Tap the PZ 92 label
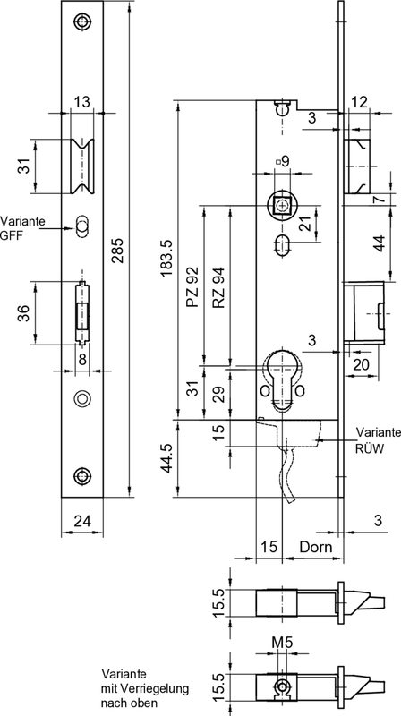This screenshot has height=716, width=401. pos(192,286)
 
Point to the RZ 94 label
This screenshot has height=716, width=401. pos(218,287)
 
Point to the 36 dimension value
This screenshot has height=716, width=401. pos(23,312)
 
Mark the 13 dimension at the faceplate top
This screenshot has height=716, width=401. pos(81,104)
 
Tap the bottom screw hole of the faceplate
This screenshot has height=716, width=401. pos(82,476)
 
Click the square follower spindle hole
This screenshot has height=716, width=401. pos(283,206)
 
